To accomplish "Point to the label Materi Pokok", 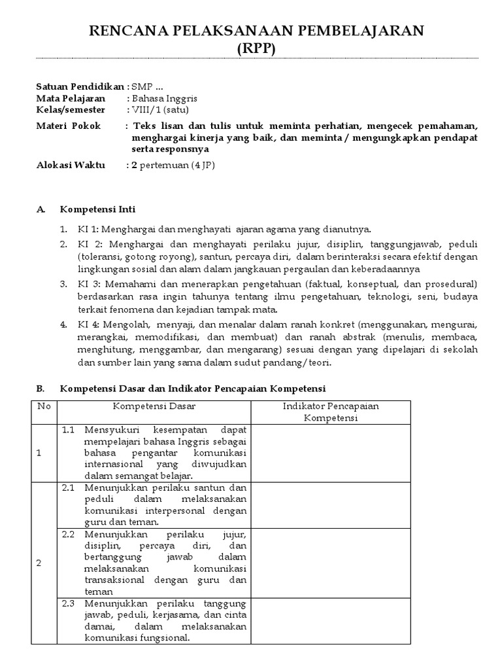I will tap(68, 126).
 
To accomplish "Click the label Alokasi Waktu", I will tap(70, 166).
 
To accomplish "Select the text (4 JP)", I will tap(203, 166).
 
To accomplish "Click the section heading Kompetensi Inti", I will tap(97, 209).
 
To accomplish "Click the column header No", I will tap(44, 406).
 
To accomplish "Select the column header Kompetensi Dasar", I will tap(154, 406).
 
